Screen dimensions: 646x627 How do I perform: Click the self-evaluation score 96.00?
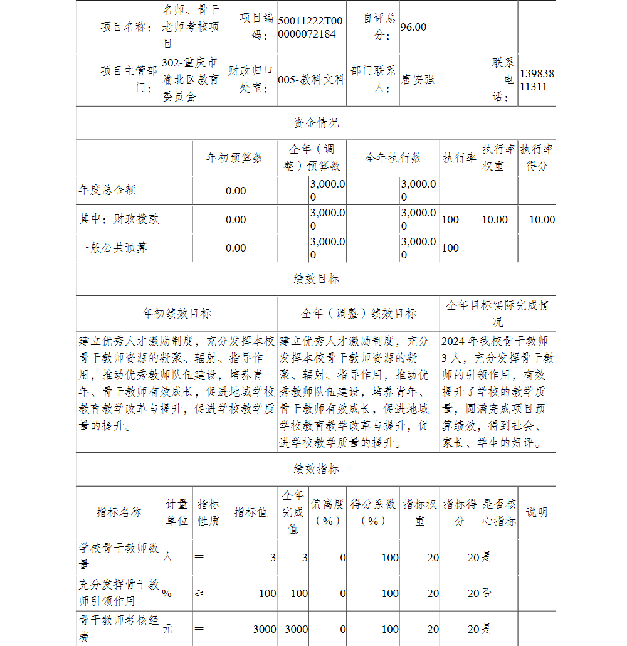click(x=413, y=27)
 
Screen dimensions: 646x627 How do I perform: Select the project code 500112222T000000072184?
click(x=311, y=27)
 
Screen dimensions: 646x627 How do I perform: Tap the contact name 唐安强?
click(x=418, y=80)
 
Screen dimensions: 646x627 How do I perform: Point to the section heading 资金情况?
click(x=316, y=123)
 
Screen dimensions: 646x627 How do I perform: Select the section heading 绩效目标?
click(x=316, y=279)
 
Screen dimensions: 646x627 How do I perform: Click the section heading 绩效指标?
click(x=316, y=469)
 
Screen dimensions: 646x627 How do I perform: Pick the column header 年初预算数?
click(x=235, y=158)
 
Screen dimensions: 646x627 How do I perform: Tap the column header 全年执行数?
click(x=393, y=158)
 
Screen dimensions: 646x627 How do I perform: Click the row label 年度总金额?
click(x=107, y=189)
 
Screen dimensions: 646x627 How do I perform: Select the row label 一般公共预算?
click(x=113, y=247)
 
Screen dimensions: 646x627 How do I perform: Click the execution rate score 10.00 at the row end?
click(x=542, y=220)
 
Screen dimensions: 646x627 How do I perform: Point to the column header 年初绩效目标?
click(x=177, y=314)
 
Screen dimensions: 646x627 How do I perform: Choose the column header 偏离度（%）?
click(x=328, y=512)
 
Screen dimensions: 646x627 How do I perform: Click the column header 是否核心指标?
click(x=499, y=512)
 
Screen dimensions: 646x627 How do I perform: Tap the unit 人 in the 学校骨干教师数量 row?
click(x=167, y=556)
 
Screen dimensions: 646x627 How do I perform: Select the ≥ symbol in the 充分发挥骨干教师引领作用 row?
click(x=199, y=593)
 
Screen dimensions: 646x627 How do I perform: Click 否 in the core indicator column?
click(x=486, y=593)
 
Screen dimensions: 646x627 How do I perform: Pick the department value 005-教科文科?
click(x=311, y=80)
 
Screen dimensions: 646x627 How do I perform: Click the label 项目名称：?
click(x=126, y=27)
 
